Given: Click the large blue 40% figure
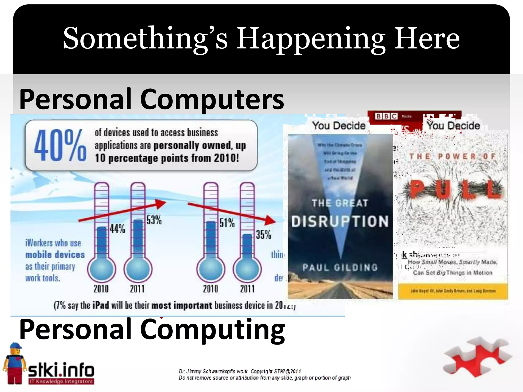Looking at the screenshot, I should [x=60, y=145].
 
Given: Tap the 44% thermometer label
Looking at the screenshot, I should [x=117, y=229].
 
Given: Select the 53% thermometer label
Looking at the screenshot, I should [x=154, y=220].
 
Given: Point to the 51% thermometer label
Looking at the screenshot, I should [x=227, y=223].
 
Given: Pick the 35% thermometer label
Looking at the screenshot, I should [x=264, y=235].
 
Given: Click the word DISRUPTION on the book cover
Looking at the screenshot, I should [x=340, y=221].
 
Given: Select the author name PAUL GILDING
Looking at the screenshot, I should [x=340, y=267].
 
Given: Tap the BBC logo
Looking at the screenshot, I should [x=386, y=116].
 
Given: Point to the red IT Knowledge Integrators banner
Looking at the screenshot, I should [x=61, y=382].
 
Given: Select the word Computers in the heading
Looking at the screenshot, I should [x=212, y=99].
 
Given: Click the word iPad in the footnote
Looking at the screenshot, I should [x=101, y=305].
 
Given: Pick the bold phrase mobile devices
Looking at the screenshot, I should [x=55, y=254].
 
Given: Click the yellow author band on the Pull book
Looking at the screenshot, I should [x=453, y=291].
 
